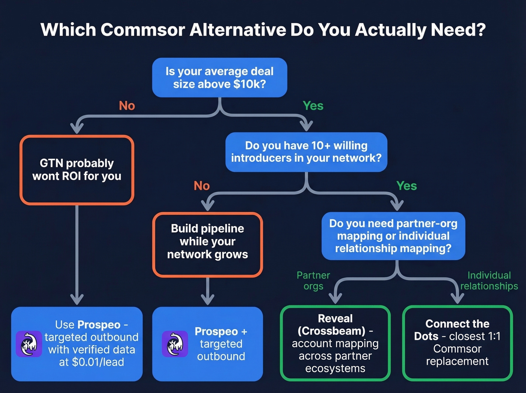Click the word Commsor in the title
[143, 30]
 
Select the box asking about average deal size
[219, 77]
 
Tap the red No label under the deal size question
[127, 106]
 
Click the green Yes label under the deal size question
[313, 106]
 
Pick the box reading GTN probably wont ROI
[77, 170]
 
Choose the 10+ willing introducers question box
[306, 152]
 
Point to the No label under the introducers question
[202, 186]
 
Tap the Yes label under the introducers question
[407, 186]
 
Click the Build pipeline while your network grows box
[207, 244]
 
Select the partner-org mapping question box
[393, 236]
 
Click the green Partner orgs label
[313, 281]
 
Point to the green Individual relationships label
[489, 281]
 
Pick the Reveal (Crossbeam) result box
[335, 343]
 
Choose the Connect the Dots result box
[457, 343]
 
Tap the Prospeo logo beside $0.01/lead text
[29, 344]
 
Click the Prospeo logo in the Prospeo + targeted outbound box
[175, 344]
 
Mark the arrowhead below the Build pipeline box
[207, 299]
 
